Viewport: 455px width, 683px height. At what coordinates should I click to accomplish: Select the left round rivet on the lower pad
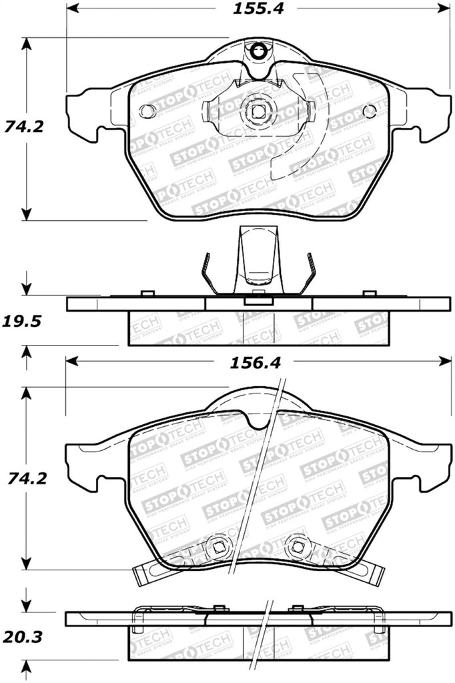(217, 546)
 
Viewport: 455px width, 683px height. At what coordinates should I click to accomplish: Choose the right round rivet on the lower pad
(296, 546)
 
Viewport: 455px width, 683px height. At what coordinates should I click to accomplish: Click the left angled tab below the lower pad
(148, 573)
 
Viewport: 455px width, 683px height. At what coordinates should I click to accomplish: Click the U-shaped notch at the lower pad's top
(258, 420)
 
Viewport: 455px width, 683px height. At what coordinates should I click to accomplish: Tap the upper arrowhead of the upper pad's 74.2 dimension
(26, 43)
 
